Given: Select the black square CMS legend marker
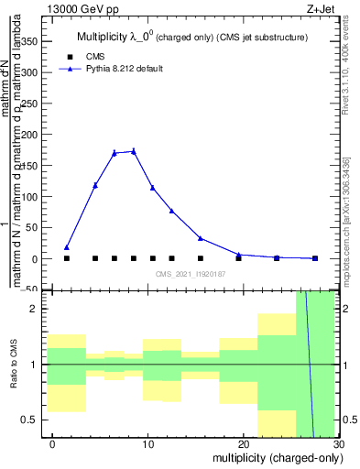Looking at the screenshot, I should point(79,56).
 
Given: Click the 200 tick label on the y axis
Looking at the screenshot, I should point(29,136).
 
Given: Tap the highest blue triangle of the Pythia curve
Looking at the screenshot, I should point(134,151).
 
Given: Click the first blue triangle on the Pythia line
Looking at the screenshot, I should point(67,247).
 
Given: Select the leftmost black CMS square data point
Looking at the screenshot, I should point(67,258).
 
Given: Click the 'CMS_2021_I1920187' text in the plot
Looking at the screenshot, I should point(191,274).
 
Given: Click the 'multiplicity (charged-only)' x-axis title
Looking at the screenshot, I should point(272,457).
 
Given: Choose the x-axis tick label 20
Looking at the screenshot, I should point(243,444).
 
